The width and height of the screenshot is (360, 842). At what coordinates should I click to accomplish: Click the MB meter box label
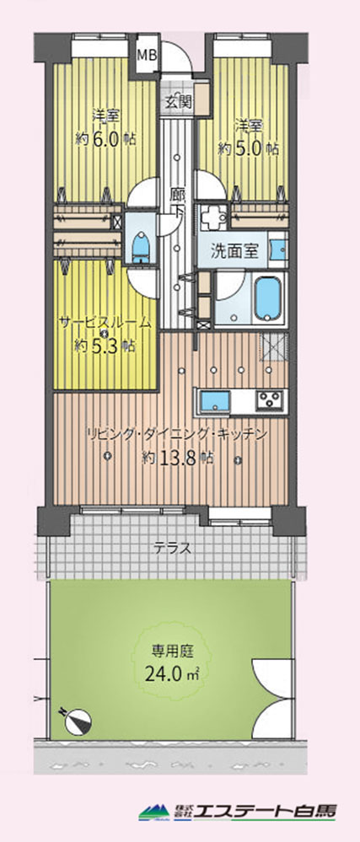[x=146, y=55]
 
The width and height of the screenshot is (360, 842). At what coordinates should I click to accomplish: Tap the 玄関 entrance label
[x=178, y=102]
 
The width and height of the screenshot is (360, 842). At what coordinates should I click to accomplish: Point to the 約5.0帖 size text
[x=248, y=148]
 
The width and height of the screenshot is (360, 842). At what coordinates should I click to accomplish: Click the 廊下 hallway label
[x=178, y=202]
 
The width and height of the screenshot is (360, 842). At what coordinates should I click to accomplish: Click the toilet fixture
[x=141, y=245]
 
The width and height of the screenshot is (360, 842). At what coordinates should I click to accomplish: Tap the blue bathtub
[x=267, y=298]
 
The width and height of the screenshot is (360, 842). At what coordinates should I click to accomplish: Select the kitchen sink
[x=214, y=402]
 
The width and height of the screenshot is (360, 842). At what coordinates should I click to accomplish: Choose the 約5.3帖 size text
[x=105, y=346]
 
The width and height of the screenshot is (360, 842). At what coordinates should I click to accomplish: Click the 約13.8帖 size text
[x=178, y=458]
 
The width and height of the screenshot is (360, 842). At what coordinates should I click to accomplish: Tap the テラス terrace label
[x=173, y=549]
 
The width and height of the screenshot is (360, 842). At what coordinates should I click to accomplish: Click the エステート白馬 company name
[x=265, y=810]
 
